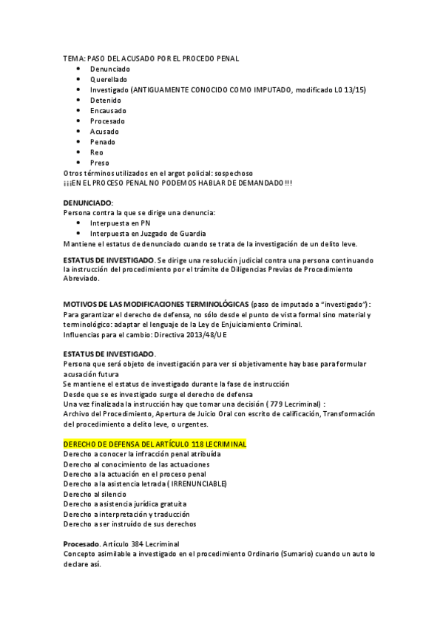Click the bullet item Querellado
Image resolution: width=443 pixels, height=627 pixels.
click(109, 79)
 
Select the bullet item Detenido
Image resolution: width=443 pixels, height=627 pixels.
click(106, 100)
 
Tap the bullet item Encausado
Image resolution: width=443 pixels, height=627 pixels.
click(108, 110)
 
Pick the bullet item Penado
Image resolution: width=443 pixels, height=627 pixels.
click(103, 141)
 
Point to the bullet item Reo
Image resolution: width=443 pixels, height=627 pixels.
click(97, 152)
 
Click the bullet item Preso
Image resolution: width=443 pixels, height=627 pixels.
click(99, 163)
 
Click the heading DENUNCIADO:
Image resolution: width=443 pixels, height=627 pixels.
click(88, 202)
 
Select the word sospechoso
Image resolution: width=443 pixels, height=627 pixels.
click(236, 173)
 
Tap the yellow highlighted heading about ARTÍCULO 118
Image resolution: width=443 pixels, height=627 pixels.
click(155, 444)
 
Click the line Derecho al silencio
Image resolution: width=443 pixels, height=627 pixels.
click(95, 494)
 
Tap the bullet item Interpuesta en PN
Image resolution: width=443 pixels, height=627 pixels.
click(120, 223)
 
